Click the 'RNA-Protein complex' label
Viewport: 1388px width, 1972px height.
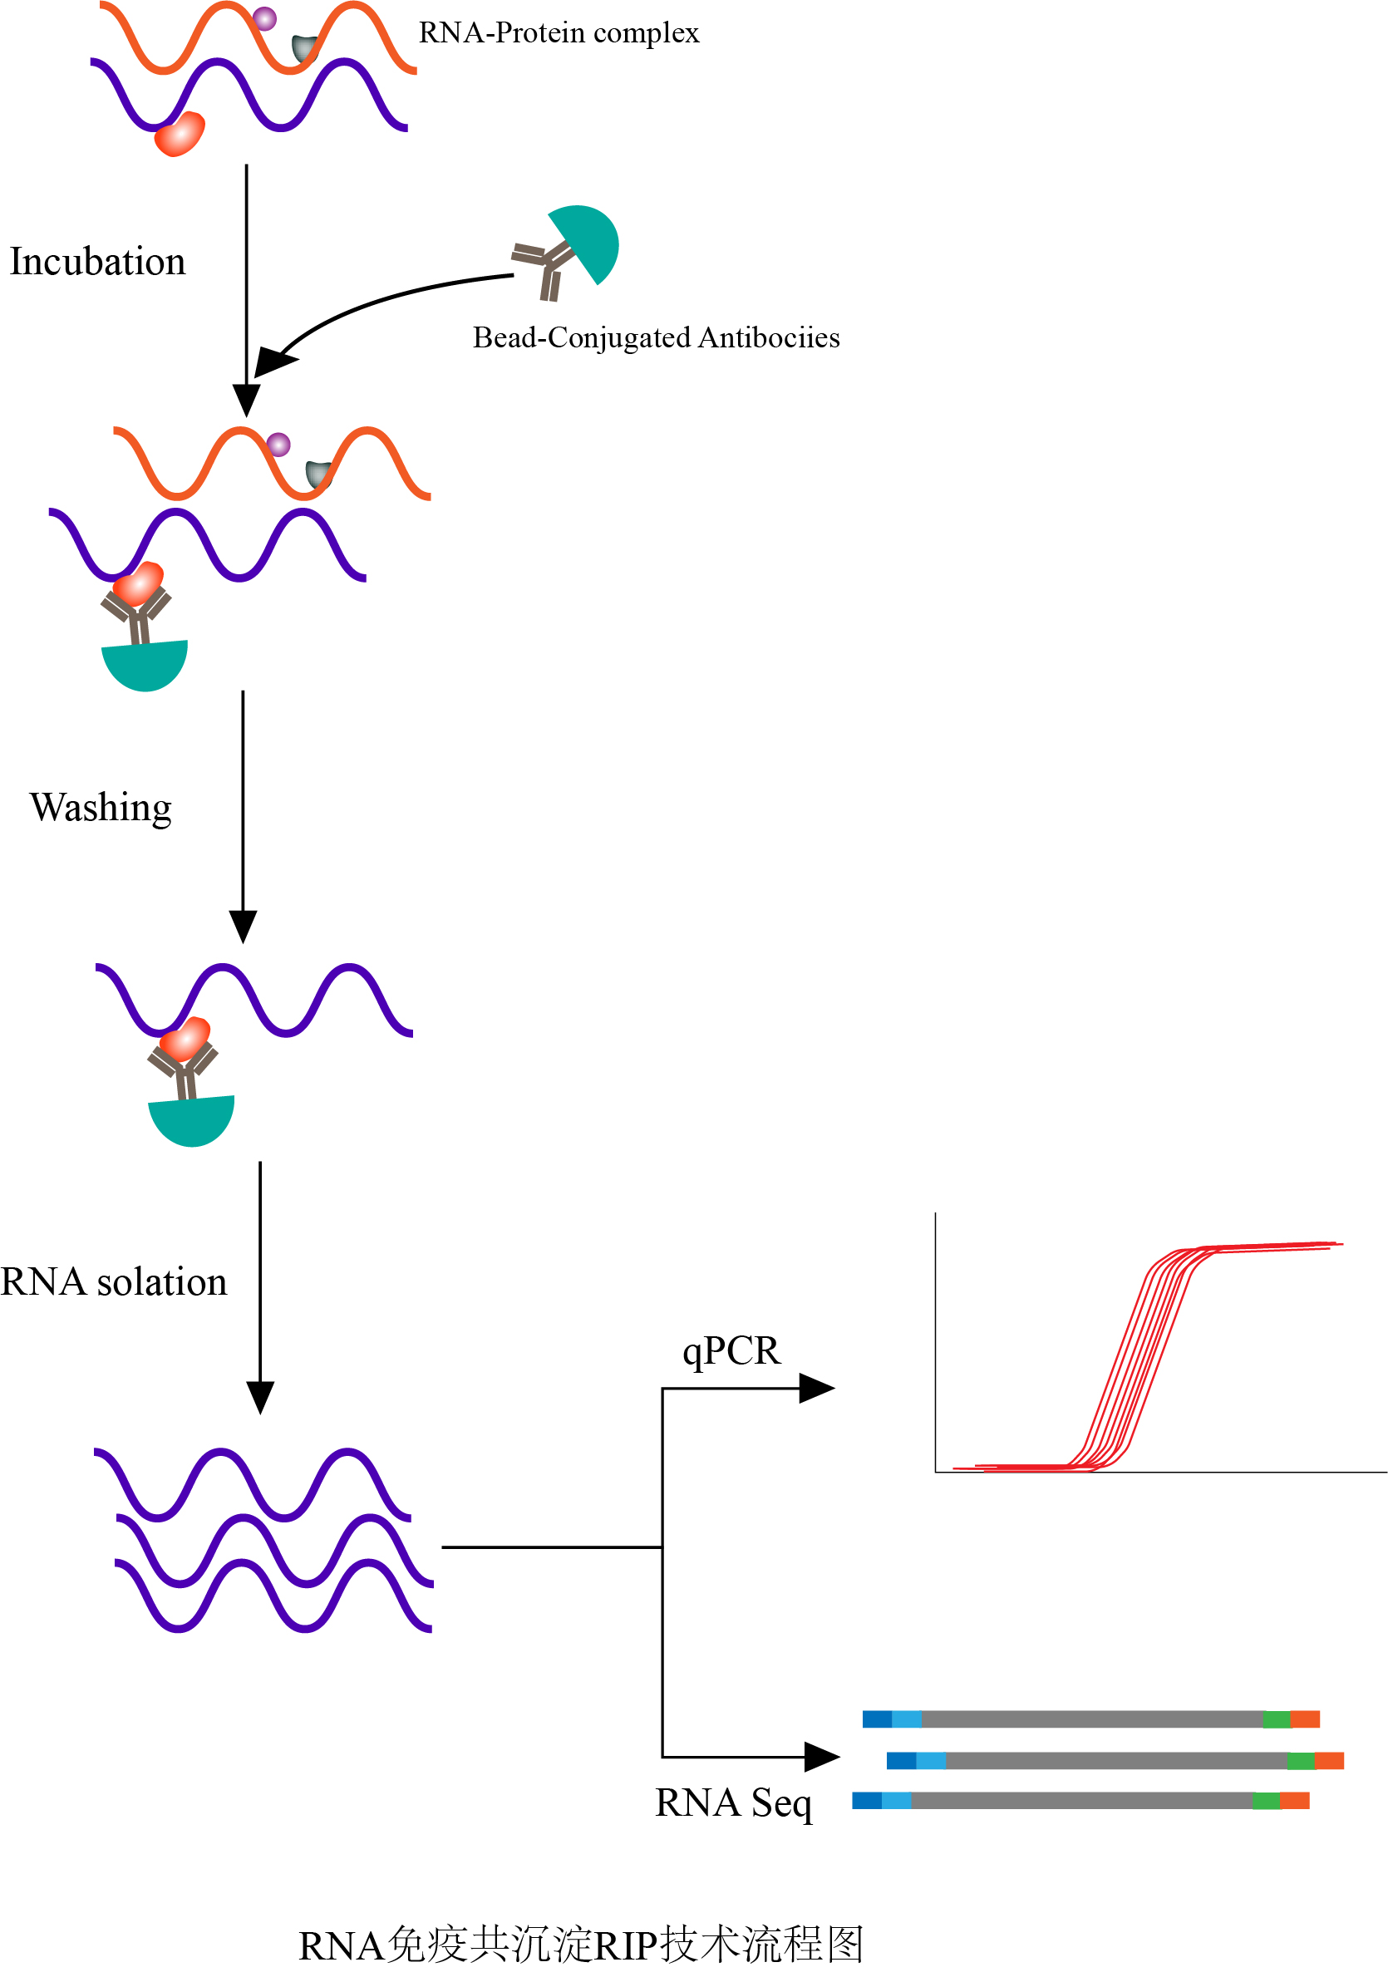click(x=559, y=32)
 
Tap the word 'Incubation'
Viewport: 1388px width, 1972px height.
click(x=97, y=261)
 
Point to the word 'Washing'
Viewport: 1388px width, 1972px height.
click(x=101, y=808)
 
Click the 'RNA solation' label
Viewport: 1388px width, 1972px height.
click(x=113, y=1281)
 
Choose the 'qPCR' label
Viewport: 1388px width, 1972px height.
click(x=731, y=1350)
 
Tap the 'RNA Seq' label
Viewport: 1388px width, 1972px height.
click(x=733, y=1802)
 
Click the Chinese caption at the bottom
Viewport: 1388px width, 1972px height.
click(x=581, y=1945)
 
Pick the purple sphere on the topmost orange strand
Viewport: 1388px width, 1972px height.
click(x=264, y=18)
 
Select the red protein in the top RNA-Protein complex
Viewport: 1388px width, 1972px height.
click(x=180, y=135)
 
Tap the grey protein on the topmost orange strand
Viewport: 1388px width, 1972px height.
click(x=304, y=48)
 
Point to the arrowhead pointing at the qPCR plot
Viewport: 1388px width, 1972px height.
click(x=816, y=1388)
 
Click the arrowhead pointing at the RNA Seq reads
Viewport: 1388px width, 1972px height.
click(x=820, y=1757)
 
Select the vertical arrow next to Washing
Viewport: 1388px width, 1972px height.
click(x=243, y=816)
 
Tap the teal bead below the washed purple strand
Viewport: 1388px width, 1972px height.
click(x=191, y=1120)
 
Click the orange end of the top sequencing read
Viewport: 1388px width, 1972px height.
click(x=1305, y=1719)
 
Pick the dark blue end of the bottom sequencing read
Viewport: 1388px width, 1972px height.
click(x=867, y=1800)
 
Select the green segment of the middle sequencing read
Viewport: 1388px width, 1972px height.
click(x=1301, y=1762)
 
